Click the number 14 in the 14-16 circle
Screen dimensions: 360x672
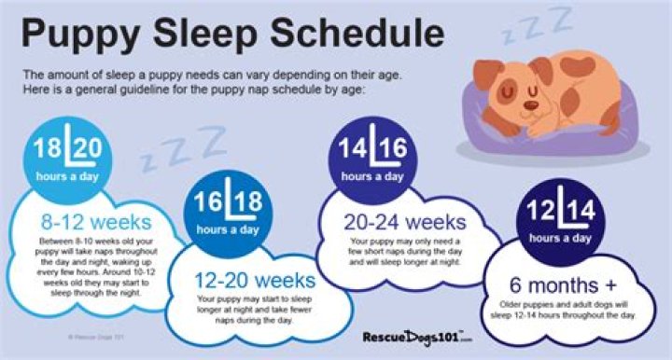tap(355, 148)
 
